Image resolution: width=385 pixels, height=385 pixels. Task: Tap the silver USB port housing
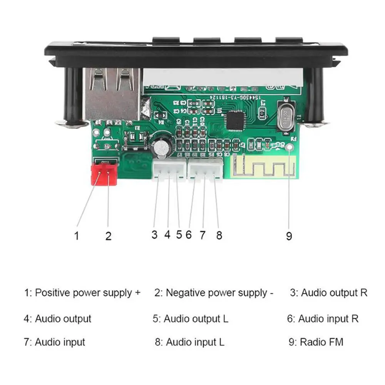[x=112, y=94]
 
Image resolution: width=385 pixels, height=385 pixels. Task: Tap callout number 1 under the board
[x=77, y=235]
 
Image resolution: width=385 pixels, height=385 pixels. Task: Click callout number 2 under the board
[x=108, y=236]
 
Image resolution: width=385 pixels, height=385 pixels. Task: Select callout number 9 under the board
[x=289, y=236]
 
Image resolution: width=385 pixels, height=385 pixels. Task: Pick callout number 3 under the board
[x=154, y=234]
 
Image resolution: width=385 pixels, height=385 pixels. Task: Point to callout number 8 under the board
[x=219, y=235]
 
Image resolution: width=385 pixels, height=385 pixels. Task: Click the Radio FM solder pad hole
[x=290, y=147]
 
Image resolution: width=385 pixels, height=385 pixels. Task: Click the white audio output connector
[x=169, y=169]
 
